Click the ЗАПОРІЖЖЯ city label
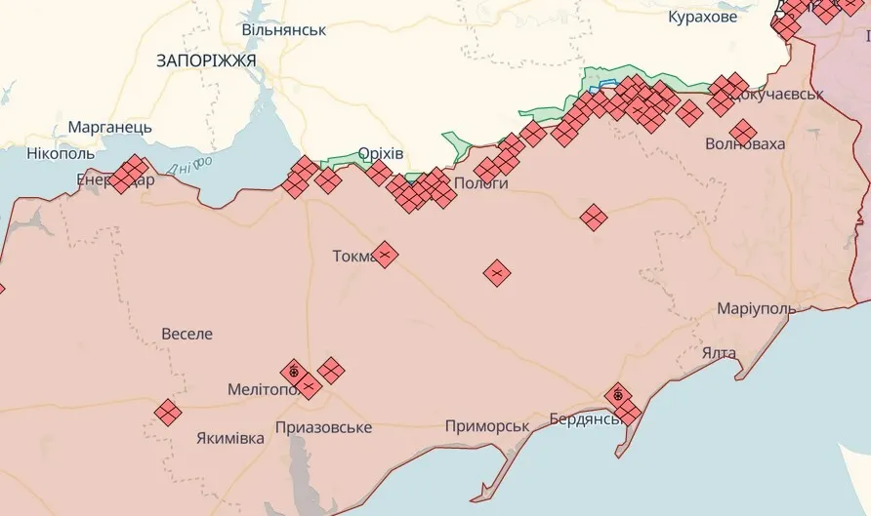(206, 60)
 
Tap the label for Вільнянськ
(284, 30)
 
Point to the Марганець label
(109, 128)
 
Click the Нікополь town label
(61, 153)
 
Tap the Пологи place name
(480, 183)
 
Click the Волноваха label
(745, 144)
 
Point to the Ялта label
(719, 351)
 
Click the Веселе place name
(187, 334)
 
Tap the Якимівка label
(229, 438)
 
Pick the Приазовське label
(323, 427)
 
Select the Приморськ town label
(486, 426)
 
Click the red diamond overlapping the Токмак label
(385, 255)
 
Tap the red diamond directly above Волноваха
(743, 130)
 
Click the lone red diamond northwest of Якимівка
(168, 413)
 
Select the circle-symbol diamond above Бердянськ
(617, 395)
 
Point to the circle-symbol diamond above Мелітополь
(293, 372)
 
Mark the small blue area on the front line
(606, 85)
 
